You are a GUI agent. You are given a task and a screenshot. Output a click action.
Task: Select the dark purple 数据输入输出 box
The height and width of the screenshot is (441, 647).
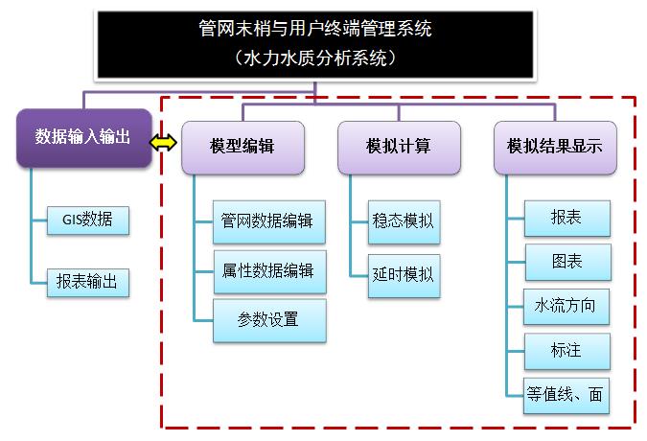[82, 136]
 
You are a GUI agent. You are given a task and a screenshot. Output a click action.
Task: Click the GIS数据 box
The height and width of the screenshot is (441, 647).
[87, 220]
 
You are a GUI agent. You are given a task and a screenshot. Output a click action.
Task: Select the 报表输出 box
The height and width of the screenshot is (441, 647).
[87, 282]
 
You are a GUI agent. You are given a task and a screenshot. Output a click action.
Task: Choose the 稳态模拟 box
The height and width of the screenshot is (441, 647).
[402, 221]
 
